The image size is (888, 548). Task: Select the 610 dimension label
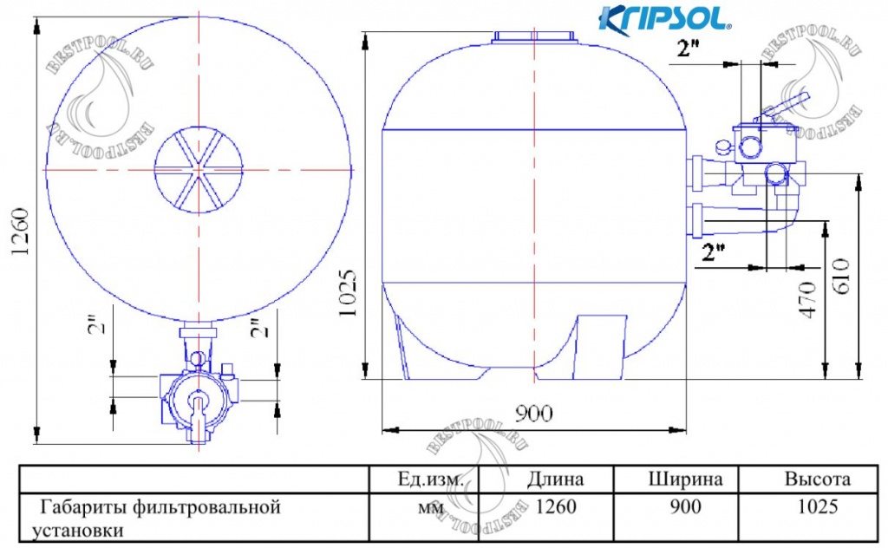[x=842, y=275]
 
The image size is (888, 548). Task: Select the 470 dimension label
[x=808, y=299]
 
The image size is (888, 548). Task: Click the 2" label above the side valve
[x=689, y=50]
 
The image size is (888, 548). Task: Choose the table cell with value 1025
[x=817, y=507]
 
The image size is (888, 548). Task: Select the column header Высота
[x=817, y=479]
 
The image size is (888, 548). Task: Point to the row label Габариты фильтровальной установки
[x=156, y=518]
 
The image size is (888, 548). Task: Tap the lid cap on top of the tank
[x=534, y=37]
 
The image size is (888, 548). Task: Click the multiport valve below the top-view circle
[x=199, y=399]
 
